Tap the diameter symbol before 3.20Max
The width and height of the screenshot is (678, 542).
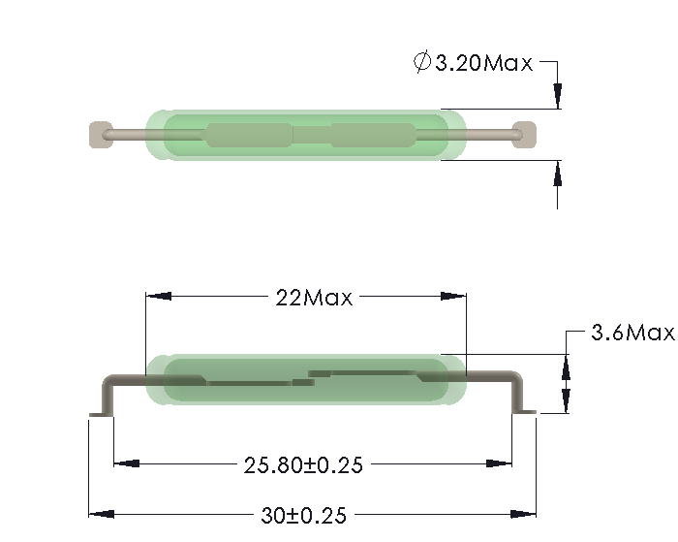tap(421, 63)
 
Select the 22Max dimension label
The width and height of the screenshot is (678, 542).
tap(314, 298)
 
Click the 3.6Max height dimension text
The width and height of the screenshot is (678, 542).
tap(632, 334)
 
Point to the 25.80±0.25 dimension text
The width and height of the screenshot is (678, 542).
tap(303, 465)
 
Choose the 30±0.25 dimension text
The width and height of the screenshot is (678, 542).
tap(304, 515)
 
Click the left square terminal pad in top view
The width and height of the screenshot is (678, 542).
tap(100, 135)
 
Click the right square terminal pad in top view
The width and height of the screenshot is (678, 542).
tap(523, 134)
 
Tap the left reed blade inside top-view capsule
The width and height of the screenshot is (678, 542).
tap(248, 135)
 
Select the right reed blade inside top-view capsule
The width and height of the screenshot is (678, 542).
tap(372, 135)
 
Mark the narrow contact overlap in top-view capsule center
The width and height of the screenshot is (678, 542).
tap(311, 135)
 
